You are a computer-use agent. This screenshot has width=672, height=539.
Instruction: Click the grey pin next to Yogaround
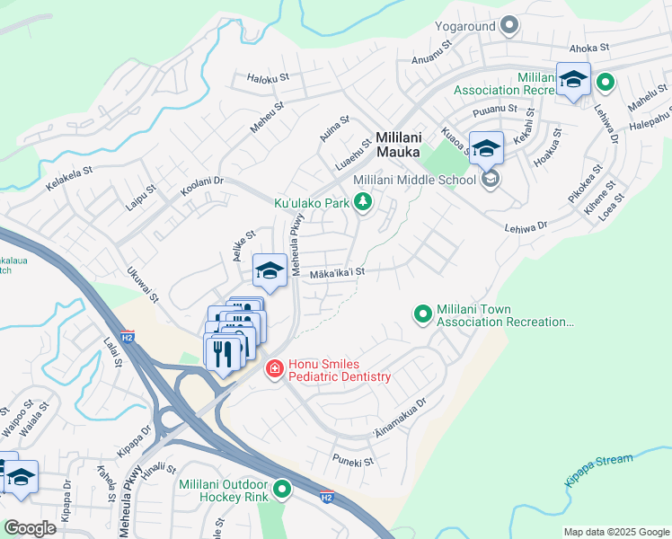point(509,25)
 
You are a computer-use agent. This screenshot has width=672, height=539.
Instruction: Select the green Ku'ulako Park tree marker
point(363,204)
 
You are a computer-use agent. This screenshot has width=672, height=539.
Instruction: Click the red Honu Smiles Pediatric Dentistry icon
point(274,369)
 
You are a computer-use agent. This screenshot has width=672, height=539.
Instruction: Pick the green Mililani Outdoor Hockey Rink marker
point(282,490)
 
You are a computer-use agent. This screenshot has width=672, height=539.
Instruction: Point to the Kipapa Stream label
point(598,469)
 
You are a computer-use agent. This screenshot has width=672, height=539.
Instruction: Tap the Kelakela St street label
point(69,178)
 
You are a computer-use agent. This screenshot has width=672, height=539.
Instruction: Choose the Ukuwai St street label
point(143,283)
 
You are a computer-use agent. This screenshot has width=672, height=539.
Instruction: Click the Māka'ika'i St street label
point(338,273)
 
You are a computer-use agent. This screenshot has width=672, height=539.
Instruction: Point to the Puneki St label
point(351,462)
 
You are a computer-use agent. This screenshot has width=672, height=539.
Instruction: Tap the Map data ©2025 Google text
point(615,532)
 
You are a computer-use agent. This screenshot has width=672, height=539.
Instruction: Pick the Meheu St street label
point(267,119)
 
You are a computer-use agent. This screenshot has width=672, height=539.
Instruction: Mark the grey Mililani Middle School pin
point(491,180)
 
